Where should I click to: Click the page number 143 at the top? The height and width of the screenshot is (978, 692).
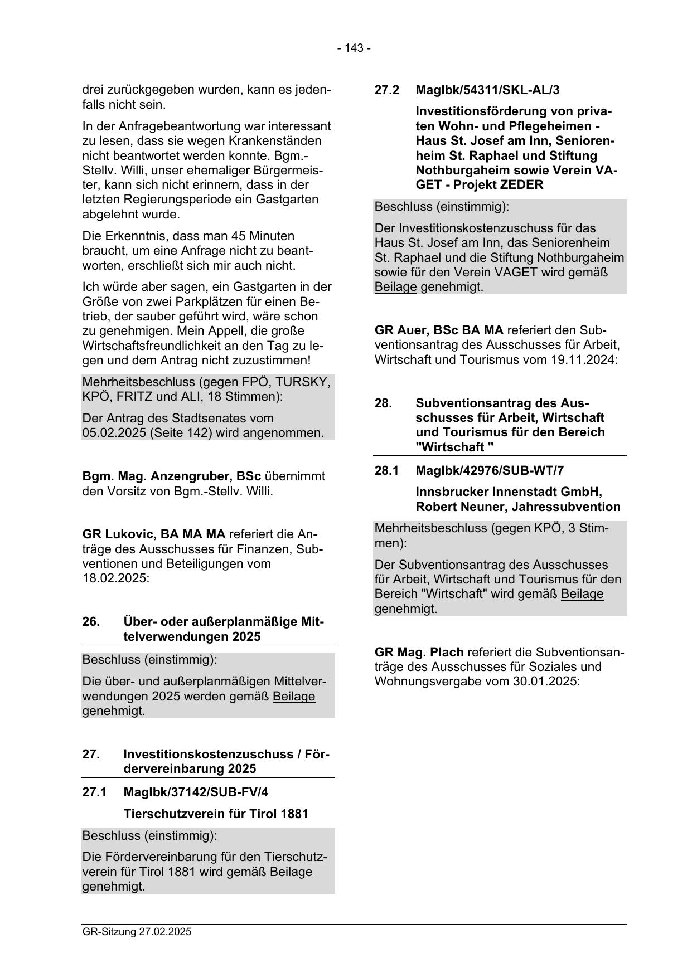354,48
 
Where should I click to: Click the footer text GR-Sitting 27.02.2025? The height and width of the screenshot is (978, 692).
137,931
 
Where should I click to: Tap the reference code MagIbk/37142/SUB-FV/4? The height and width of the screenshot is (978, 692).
191,792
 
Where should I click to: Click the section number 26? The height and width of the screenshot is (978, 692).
91,622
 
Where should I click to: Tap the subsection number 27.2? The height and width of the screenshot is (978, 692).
386,90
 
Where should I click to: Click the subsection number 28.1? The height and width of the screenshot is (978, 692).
386,471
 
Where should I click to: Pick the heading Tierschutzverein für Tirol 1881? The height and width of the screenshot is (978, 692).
216,814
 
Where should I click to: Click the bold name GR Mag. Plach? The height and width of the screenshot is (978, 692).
419,652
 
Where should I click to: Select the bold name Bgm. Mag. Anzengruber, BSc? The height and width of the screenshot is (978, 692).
172,476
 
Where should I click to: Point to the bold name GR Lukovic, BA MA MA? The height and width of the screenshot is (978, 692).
154,534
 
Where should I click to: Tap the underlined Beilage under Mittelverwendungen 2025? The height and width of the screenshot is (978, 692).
294,697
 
